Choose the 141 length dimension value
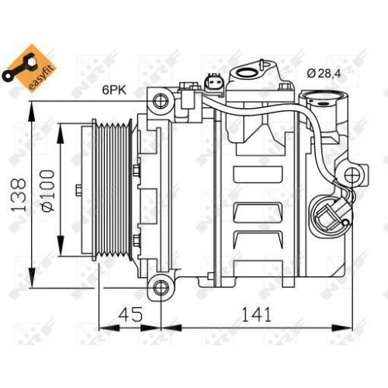249,316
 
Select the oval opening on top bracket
253,74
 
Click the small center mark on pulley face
80,191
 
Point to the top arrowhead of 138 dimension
32,108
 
